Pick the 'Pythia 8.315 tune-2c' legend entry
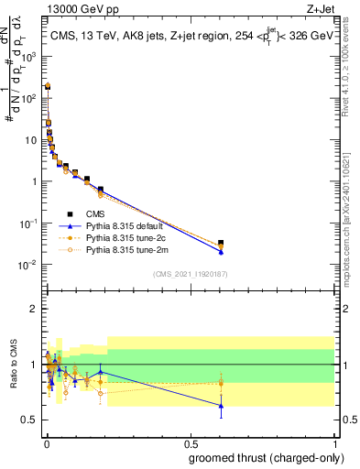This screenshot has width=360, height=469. pyautogui.click(x=127, y=236)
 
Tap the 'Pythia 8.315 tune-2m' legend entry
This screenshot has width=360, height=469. pyautogui.click(x=128, y=249)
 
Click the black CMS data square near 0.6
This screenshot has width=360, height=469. pyautogui.click(x=221, y=243)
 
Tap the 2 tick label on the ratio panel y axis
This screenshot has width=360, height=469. pyautogui.click(x=35, y=309)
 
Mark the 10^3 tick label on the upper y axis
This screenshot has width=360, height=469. pyautogui.click(x=32, y=55)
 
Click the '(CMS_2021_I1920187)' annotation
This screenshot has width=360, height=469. pyautogui.click(x=190, y=274)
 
